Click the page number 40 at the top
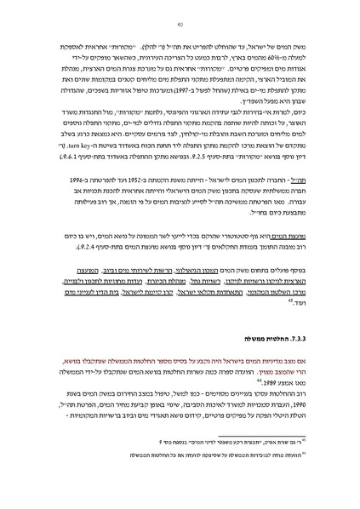pos(180,25)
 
